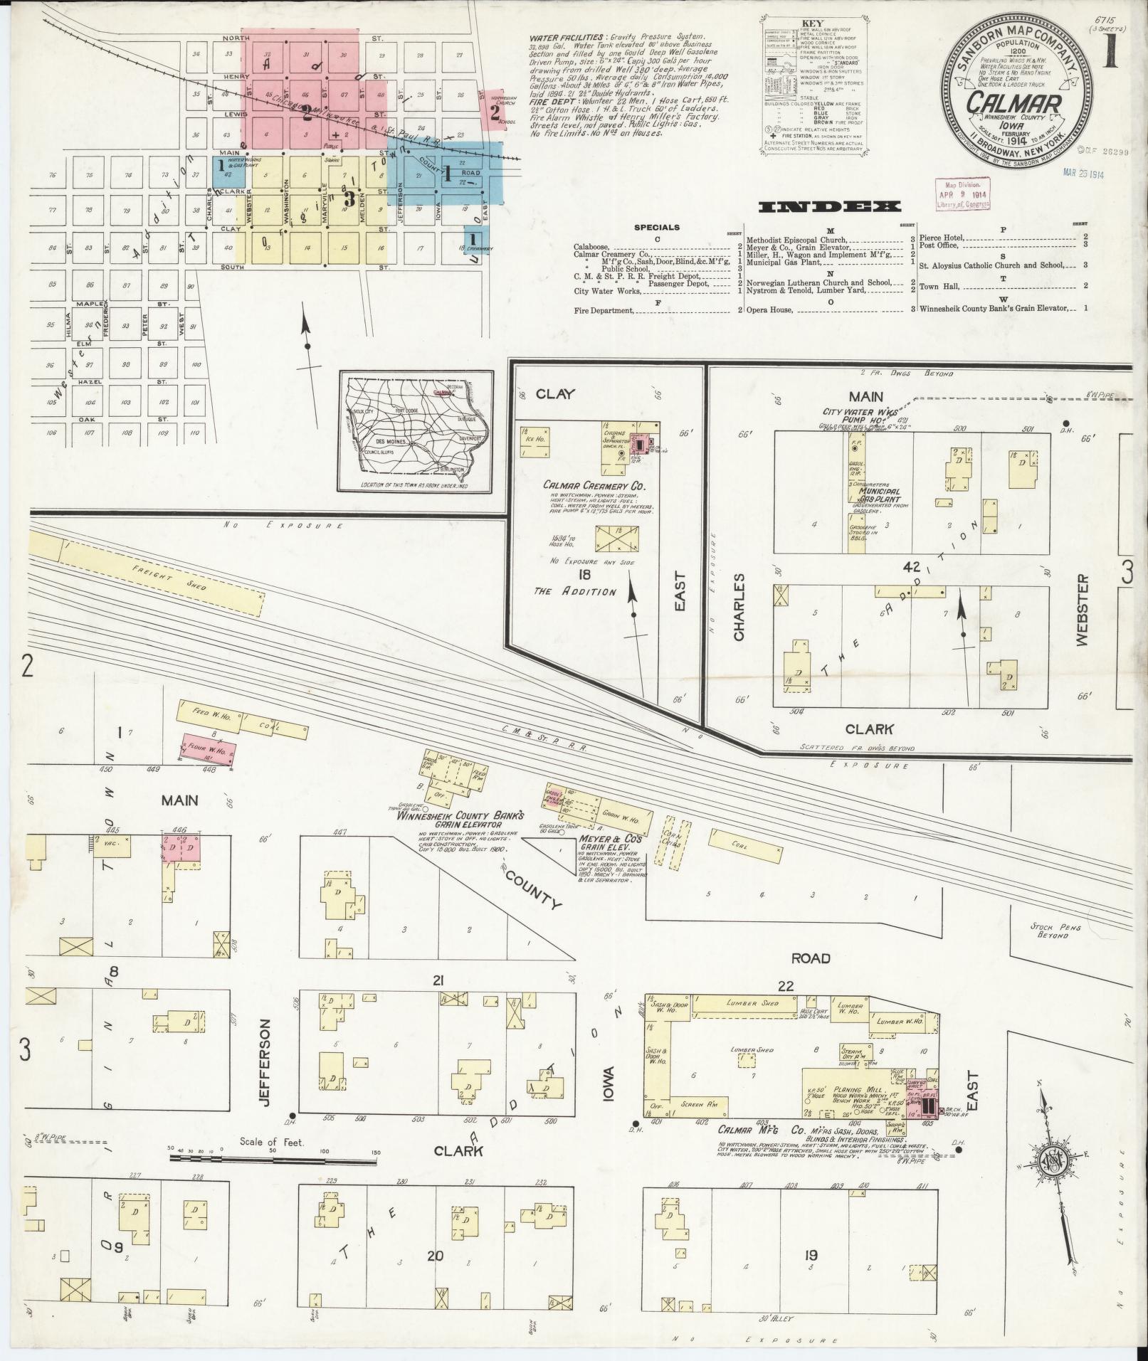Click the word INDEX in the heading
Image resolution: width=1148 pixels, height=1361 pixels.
829,207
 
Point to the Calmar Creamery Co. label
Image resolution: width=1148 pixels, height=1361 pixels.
593,486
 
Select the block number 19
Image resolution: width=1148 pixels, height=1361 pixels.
810,1254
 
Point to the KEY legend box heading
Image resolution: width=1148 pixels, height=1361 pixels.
811,23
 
